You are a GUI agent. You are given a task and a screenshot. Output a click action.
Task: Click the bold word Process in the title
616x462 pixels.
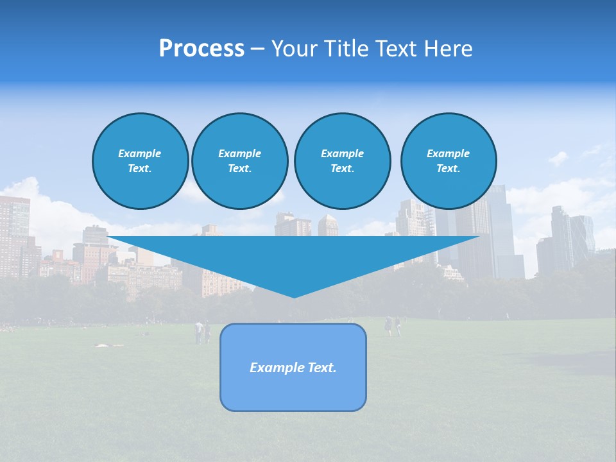pyautogui.click(x=201, y=49)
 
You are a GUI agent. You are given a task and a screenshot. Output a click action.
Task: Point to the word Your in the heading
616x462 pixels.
pyautogui.click(x=293, y=49)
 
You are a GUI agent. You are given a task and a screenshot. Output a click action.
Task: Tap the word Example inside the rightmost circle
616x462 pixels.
pyautogui.click(x=448, y=153)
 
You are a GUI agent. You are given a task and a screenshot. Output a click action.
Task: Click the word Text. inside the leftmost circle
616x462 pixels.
pyautogui.click(x=140, y=169)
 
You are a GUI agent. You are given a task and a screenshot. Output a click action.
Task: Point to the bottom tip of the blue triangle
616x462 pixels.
pyautogui.click(x=295, y=296)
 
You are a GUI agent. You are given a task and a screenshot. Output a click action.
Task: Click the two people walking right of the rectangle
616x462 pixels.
pyautogui.click(x=392, y=326)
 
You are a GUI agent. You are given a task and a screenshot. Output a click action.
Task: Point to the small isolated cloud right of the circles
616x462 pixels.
pyautogui.click(x=558, y=157)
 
